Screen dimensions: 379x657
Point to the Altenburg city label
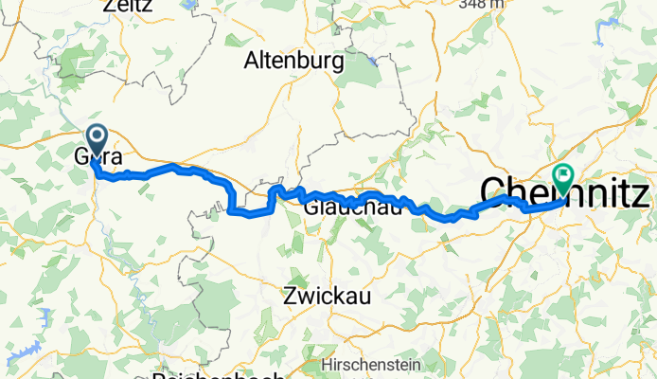click(293, 61)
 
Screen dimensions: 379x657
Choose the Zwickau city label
click(327, 296)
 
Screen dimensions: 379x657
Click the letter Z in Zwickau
click(290, 296)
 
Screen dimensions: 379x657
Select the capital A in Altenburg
click(252, 61)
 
